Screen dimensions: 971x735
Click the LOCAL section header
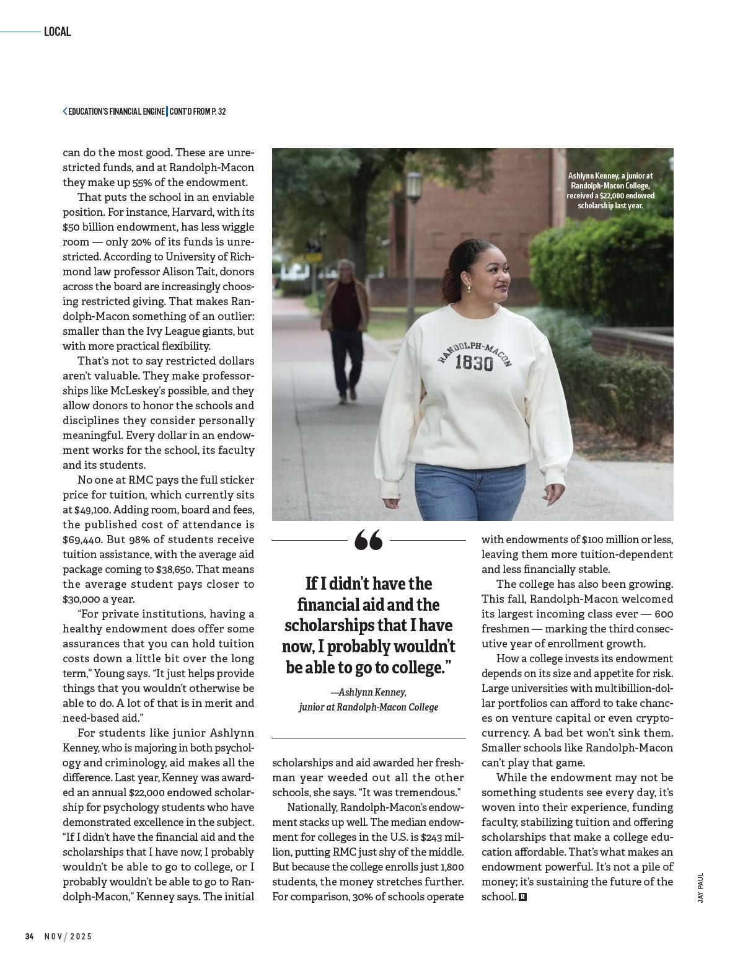(x=57, y=32)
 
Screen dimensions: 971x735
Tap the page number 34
(x=29, y=936)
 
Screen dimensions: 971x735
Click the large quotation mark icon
(x=368, y=540)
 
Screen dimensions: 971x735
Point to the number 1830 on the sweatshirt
(x=474, y=363)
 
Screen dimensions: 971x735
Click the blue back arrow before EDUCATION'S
(x=64, y=112)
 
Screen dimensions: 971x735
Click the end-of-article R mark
(x=522, y=897)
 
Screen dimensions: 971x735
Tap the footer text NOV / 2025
(x=68, y=936)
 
